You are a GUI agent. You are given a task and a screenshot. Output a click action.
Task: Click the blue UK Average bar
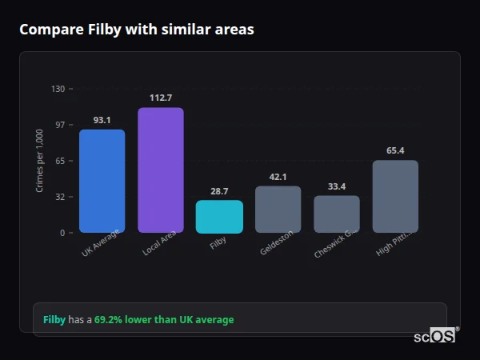point(102,181)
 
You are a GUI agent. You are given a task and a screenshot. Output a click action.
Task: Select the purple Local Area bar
point(160,170)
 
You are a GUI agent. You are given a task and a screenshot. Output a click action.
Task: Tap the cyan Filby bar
point(219,216)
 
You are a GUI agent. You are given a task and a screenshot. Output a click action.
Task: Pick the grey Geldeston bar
point(278,209)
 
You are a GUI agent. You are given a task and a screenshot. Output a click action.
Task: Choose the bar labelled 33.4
point(337,214)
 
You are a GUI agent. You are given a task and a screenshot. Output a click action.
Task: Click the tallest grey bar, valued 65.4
point(395,196)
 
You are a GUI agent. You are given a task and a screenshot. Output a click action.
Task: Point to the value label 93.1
point(102,120)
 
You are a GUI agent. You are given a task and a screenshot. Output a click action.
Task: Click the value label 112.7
point(160,98)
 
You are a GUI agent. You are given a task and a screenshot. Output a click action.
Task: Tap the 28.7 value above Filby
point(219,191)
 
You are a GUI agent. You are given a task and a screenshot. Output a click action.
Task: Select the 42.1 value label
point(278,177)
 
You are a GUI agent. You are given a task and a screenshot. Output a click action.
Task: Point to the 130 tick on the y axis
point(58,89)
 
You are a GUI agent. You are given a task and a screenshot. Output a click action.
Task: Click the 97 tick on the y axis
point(60,125)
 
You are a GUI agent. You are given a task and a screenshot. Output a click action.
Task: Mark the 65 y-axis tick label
point(60,161)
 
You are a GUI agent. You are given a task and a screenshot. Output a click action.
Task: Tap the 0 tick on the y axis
point(62,233)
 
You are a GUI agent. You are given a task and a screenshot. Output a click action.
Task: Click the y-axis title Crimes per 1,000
point(40,161)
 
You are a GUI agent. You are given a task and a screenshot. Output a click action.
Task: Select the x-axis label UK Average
point(101,243)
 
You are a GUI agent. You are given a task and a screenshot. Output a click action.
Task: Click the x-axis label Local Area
point(160,243)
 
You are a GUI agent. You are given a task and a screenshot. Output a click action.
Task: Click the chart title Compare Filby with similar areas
point(137,30)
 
